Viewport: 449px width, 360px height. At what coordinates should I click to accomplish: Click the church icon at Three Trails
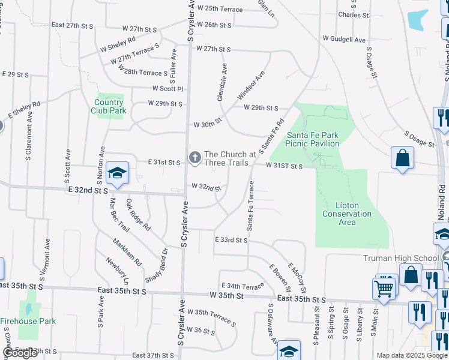pyautogui.click(x=194, y=158)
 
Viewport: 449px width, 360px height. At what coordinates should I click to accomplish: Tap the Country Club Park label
pyautogui.click(x=109, y=106)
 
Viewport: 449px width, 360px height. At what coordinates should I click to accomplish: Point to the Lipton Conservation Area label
pyautogui.click(x=347, y=214)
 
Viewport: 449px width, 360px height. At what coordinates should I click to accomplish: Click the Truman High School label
pyautogui.click(x=402, y=258)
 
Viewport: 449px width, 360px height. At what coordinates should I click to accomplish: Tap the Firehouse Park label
pyautogui.click(x=28, y=321)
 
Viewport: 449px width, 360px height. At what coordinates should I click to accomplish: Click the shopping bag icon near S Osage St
pyautogui.click(x=402, y=159)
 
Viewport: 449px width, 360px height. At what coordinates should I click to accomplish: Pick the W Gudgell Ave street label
pyautogui.click(x=344, y=40)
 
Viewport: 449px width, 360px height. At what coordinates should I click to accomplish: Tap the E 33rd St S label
pyautogui.click(x=232, y=240)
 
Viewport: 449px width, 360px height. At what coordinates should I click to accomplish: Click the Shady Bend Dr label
pyautogui.click(x=155, y=266)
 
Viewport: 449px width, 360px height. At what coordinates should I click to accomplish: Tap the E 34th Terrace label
pyautogui.click(x=243, y=286)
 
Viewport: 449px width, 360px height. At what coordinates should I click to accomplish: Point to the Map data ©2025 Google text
pyautogui.click(x=411, y=355)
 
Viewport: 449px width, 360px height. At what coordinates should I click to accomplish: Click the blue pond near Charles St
pyautogui.click(x=418, y=20)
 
